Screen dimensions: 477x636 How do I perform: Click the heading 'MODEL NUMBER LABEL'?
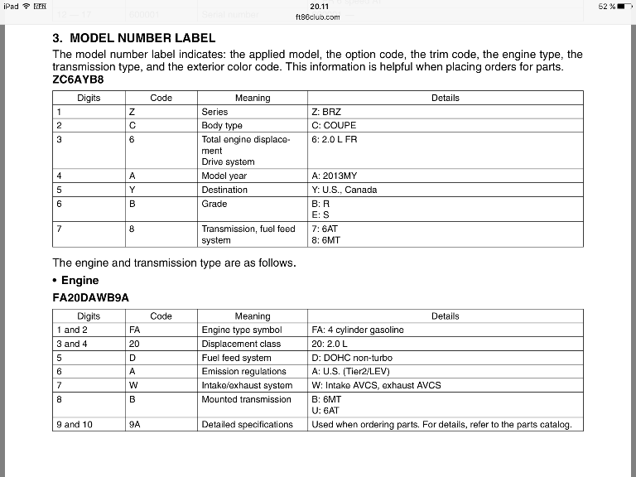click(142, 38)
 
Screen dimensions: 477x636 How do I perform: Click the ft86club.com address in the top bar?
click(317, 17)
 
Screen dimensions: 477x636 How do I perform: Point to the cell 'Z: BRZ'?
click(326, 111)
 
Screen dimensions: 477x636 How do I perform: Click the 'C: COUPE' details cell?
click(334, 125)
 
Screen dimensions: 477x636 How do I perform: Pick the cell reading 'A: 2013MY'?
click(335, 176)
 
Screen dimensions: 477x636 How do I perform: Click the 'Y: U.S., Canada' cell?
click(344, 190)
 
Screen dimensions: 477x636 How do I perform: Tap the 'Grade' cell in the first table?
click(214, 204)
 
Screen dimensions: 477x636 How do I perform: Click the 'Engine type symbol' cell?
click(241, 330)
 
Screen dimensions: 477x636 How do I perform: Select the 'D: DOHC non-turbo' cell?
click(352, 358)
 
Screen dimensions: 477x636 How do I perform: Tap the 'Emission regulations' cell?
click(243, 371)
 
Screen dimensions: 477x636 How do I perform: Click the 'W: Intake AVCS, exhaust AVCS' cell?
click(376, 385)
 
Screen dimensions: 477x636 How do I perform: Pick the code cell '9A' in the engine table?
click(135, 424)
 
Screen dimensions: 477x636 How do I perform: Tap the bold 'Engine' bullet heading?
click(79, 281)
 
